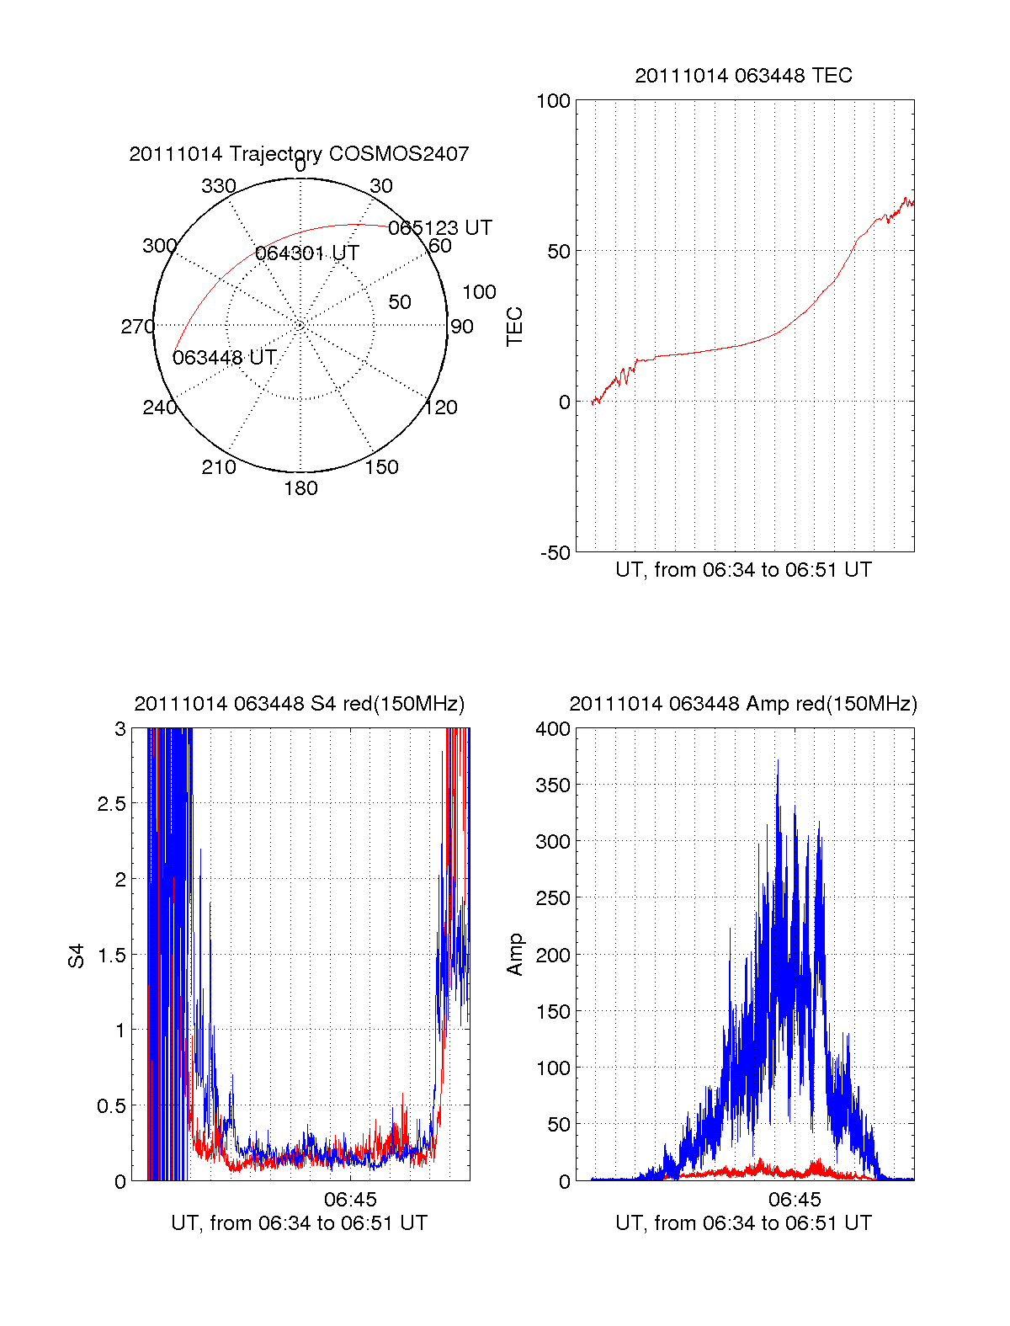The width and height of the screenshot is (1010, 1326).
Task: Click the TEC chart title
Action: (x=743, y=76)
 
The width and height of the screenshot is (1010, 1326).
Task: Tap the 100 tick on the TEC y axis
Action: (x=553, y=102)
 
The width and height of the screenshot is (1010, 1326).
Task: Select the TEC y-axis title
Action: (x=514, y=327)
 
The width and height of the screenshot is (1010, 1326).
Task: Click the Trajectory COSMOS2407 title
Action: (x=299, y=154)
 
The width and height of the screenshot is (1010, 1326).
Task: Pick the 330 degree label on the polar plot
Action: (x=218, y=186)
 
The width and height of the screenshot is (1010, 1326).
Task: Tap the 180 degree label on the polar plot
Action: (x=300, y=488)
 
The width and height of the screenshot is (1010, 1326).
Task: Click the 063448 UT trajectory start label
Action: (x=225, y=358)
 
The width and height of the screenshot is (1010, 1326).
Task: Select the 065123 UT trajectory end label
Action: (x=439, y=228)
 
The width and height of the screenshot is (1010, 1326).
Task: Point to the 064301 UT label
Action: (x=307, y=253)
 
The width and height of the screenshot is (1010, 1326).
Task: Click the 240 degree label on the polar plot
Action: (x=160, y=407)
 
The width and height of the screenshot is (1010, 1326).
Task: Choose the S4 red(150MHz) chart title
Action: (x=299, y=704)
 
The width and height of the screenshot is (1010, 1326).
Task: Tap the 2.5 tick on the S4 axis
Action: (x=111, y=804)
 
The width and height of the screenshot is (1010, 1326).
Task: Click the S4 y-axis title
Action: (x=77, y=956)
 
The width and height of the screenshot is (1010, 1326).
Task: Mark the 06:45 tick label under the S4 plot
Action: (x=350, y=1199)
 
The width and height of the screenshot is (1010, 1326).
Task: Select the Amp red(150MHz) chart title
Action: (x=743, y=704)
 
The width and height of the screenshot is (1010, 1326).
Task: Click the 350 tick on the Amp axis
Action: (x=553, y=785)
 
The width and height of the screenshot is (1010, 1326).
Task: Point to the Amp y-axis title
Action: (x=514, y=955)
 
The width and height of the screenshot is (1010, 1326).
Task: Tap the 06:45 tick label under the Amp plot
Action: (x=795, y=1199)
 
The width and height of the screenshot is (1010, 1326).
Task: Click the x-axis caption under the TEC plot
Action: (x=743, y=570)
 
